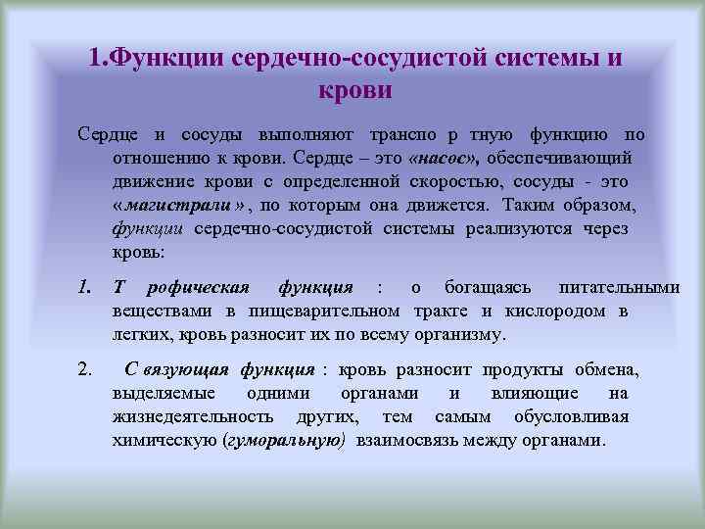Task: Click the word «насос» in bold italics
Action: click(x=446, y=158)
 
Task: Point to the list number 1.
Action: click(x=86, y=287)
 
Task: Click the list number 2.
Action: click(x=86, y=369)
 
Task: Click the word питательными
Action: click(x=618, y=287)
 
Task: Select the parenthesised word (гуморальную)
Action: click(x=285, y=440)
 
